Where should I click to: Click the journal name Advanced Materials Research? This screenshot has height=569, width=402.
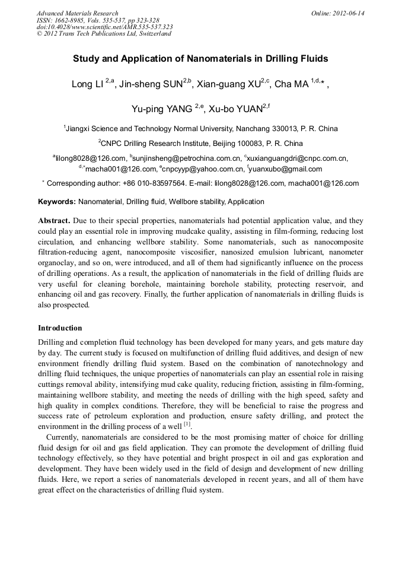77,13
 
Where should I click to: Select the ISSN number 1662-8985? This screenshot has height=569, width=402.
71,20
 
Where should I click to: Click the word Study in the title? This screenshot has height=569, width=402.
86,59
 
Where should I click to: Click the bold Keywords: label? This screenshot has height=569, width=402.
57,202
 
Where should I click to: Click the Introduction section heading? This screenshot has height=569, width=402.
60,328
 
